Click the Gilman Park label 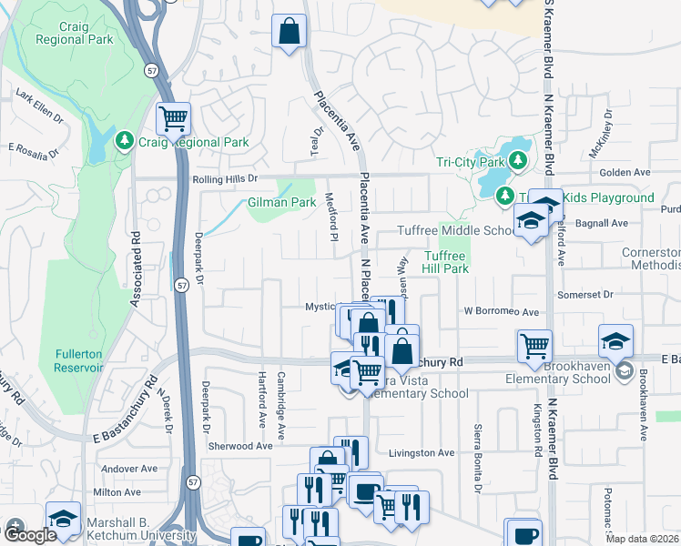click(281, 202)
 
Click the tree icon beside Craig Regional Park click(125, 142)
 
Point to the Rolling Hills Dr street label click(226, 179)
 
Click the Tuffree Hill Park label click(445, 263)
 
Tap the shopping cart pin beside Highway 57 click(172, 118)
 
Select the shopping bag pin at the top click(290, 32)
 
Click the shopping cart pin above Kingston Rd click(534, 346)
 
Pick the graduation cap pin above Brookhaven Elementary click(615, 342)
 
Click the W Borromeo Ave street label click(500, 311)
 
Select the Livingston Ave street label click(421, 452)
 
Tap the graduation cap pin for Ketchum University click(62, 519)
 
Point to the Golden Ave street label click(624, 172)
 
